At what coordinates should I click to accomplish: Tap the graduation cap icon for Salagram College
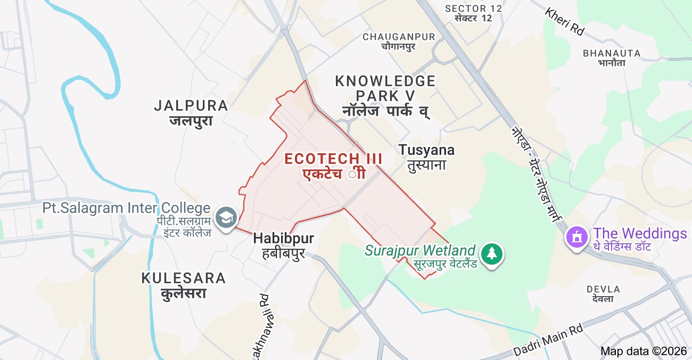[227, 218]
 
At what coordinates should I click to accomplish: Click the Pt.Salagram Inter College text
[127, 208]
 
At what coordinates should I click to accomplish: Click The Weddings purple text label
[640, 234]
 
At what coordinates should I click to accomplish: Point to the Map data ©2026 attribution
[645, 351]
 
